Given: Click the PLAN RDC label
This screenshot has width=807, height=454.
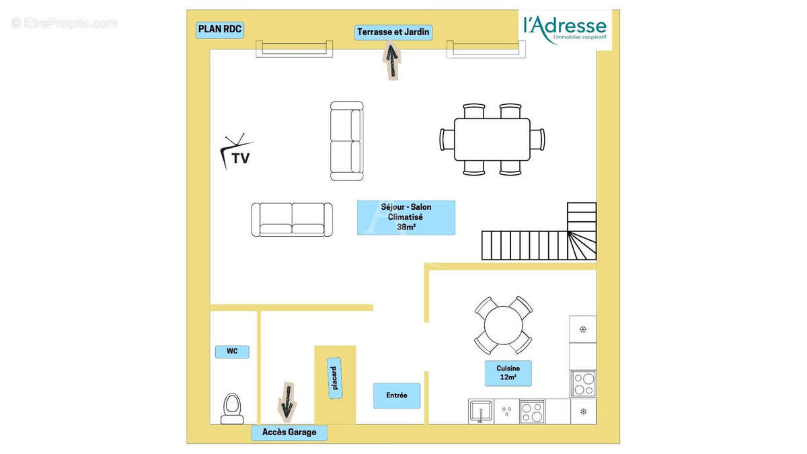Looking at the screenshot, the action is point(220,30).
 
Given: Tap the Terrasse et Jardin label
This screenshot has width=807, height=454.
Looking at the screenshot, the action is point(393,32).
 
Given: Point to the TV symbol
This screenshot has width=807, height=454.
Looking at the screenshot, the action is point(236,152).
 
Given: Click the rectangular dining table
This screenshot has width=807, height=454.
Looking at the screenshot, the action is point(492,139).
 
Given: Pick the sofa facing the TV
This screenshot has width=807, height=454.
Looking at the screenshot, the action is point(346,141).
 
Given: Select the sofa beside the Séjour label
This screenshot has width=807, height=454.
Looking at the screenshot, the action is point(292,219).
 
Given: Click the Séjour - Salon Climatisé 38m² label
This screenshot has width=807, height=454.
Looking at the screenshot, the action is point(406,217).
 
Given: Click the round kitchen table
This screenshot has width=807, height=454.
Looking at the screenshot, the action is point(503,325).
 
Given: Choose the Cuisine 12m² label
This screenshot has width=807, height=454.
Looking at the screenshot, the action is point(508,373).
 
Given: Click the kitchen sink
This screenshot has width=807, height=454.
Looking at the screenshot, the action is point(481,412).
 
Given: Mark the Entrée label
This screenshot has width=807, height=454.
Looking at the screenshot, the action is point(397,395).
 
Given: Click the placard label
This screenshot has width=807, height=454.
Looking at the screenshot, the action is point(335,378).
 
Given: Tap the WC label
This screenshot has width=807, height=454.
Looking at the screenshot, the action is point(232,352).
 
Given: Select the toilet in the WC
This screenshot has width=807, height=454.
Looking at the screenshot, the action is point(232,409).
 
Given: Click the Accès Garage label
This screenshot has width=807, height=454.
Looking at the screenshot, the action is point(289,432).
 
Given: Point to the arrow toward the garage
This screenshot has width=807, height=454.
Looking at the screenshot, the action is point(287,402).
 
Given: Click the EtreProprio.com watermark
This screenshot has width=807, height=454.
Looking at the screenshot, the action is point(64,24).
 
